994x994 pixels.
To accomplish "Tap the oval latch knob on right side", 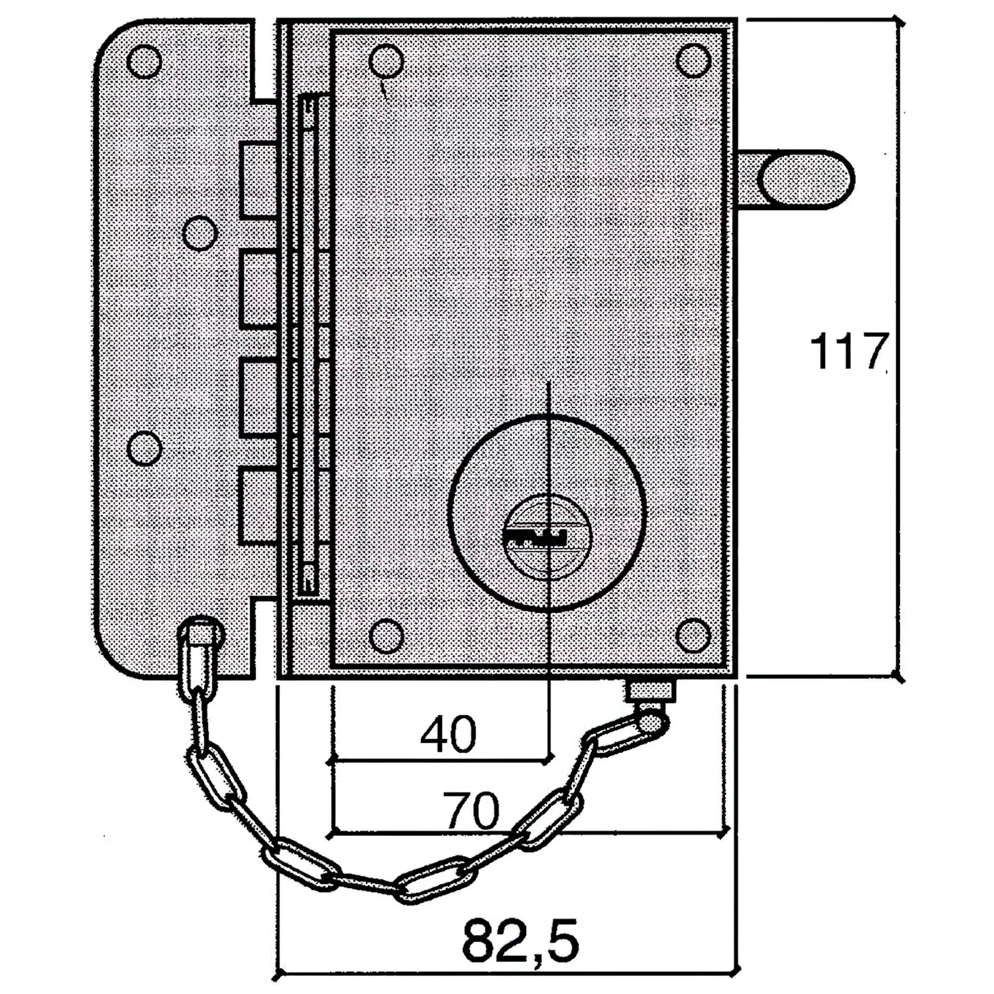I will click(805, 180).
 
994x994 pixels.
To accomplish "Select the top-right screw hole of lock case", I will click(693, 61).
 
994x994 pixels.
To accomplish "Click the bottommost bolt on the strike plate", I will click(260, 506).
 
